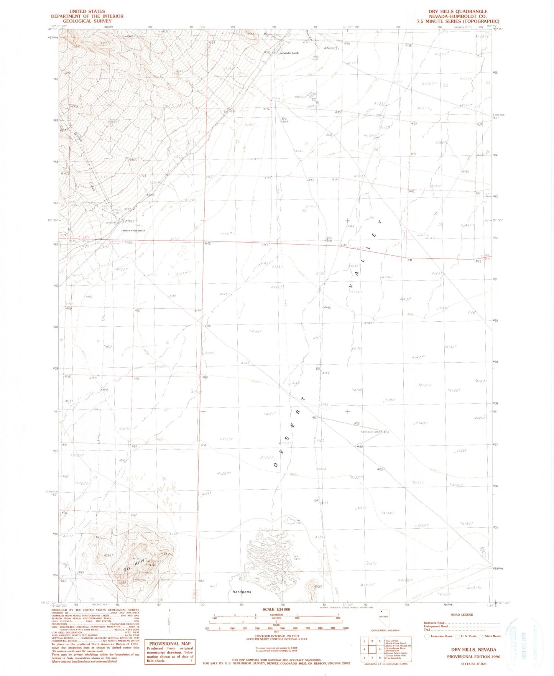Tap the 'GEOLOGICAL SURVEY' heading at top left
(x=87, y=21)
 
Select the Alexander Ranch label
(x=289, y=53)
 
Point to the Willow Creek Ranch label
(x=134, y=230)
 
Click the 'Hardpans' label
(x=242, y=592)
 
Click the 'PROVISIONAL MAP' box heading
(x=169, y=644)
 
